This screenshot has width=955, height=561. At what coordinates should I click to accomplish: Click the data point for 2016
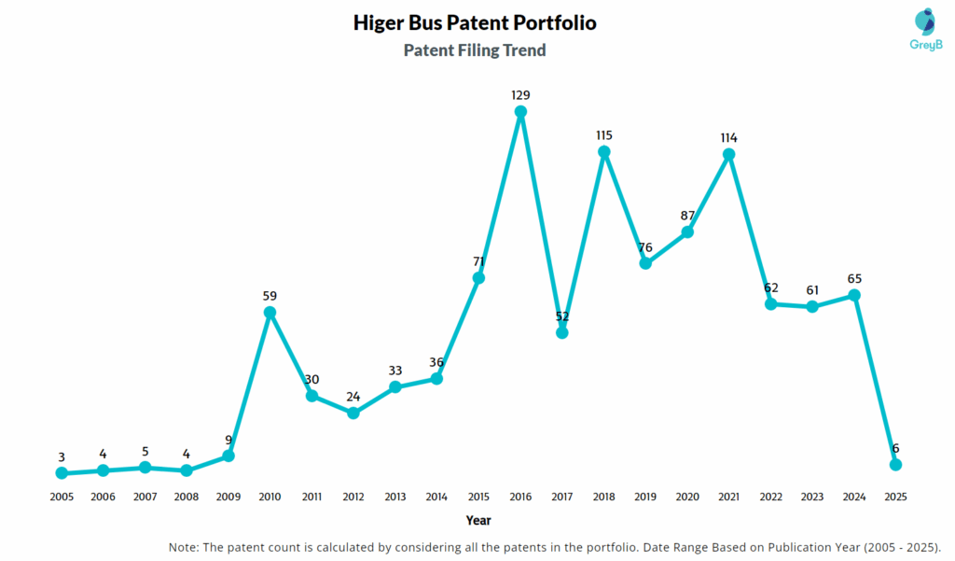point(520,112)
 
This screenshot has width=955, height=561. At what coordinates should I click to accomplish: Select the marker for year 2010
point(270,313)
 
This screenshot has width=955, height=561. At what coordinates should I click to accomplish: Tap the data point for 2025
point(896,465)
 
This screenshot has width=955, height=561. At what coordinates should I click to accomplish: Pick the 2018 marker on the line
point(604,151)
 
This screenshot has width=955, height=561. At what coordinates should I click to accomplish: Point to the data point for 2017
point(562,332)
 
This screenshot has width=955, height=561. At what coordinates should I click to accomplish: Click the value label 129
point(520,95)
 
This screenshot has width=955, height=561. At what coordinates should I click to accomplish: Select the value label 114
point(729,137)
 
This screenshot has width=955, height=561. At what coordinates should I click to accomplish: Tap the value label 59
point(270,296)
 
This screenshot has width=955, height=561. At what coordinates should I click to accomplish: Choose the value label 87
point(687,215)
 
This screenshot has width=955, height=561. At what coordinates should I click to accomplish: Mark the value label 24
point(353,396)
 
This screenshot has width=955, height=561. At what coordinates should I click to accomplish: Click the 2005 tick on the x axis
point(62,497)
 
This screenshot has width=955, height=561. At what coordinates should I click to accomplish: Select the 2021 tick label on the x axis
point(729,497)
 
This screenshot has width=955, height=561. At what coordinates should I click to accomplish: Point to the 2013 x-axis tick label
point(395,497)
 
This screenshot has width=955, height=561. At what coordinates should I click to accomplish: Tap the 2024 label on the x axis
point(854,497)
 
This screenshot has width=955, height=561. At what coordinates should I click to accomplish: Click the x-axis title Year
point(478,520)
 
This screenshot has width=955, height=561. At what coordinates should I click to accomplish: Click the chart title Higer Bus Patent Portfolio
point(475,22)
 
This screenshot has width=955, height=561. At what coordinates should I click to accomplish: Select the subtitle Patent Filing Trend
point(475,50)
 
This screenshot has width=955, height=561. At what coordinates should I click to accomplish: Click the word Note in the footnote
point(185,546)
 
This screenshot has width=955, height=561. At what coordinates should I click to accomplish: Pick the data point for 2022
point(771,303)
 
